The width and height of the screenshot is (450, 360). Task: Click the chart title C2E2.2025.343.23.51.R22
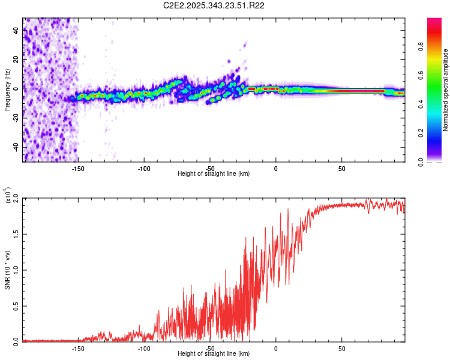[x=214, y=5]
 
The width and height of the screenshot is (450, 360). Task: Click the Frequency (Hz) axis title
[x=7, y=90]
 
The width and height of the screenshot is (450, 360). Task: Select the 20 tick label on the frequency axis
[x=17, y=60]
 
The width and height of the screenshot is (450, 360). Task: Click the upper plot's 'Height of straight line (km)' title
[x=214, y=174]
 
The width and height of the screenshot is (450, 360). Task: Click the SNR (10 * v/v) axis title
[x=7, y=269]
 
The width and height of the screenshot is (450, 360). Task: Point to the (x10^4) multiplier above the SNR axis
[x=7, y=196]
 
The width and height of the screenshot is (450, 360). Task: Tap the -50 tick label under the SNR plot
[x=209, y=347]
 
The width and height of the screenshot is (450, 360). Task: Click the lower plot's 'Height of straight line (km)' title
[x=214, y=353]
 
